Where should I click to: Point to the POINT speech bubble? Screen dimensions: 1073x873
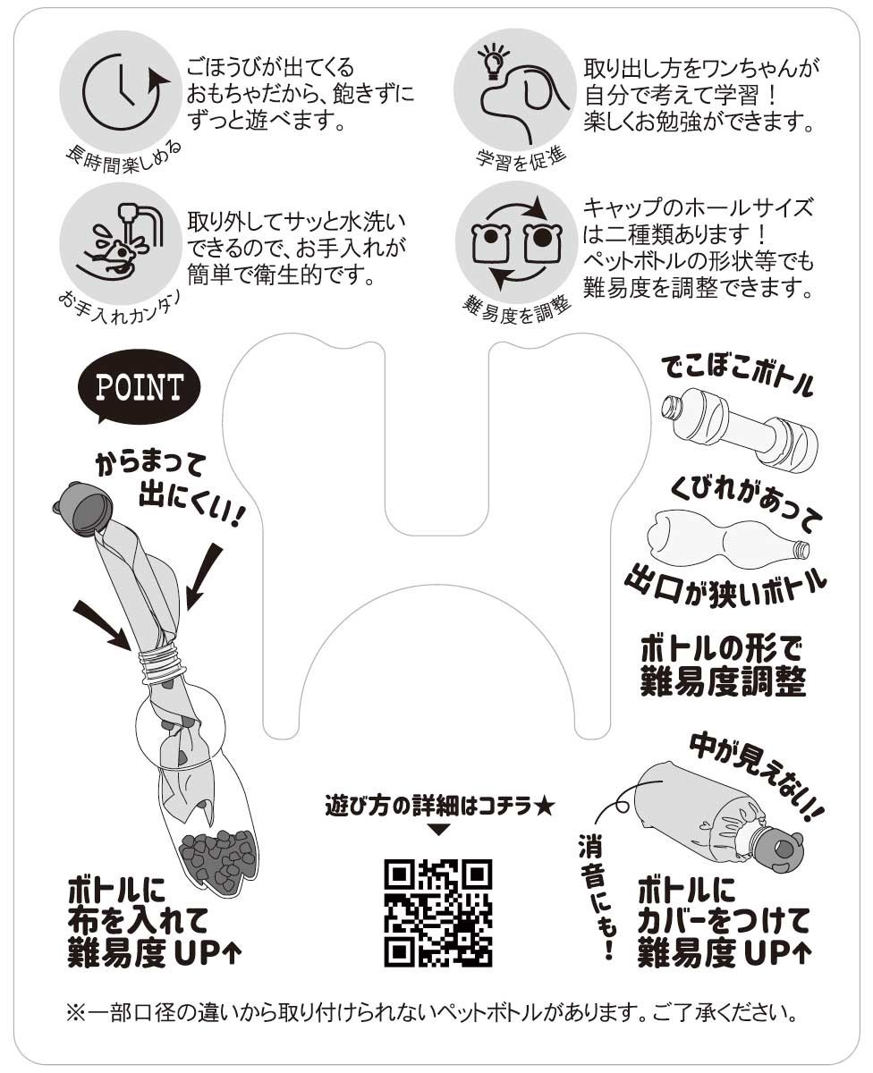click(x=140, y=387)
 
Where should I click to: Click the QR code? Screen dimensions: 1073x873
click(x=438, y=913)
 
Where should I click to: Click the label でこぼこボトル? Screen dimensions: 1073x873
click(x=738, y=376)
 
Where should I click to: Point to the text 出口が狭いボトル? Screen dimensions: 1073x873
click(x=725, y=583)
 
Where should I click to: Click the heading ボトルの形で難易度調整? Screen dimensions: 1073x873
click(x=724, y=665)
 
